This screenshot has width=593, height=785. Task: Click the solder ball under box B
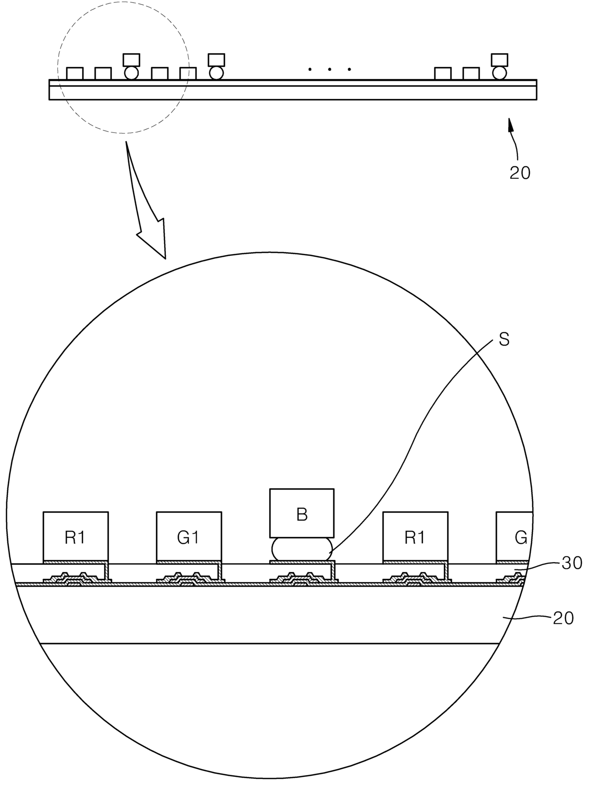(x=302, y=549)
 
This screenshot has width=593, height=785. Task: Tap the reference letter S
(x=504, y=340)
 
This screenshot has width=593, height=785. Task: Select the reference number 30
(x=572, y=563)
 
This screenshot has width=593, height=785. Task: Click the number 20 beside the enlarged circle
(x=563, y=618)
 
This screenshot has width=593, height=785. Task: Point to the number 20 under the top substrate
(x=520, y=173)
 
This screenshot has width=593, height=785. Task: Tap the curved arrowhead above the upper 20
(x=510, y=125)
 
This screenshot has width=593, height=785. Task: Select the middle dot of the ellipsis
(x=329, y=70)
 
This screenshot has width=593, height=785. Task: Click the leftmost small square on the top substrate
(x=75, y=74)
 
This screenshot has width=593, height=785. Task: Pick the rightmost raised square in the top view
(x=500, y=59)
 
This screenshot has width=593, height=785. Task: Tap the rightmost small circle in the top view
(x=500, y=73)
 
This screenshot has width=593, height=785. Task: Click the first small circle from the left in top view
(x=131, y=73)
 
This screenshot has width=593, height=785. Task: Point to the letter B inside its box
(x=302, y=514)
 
